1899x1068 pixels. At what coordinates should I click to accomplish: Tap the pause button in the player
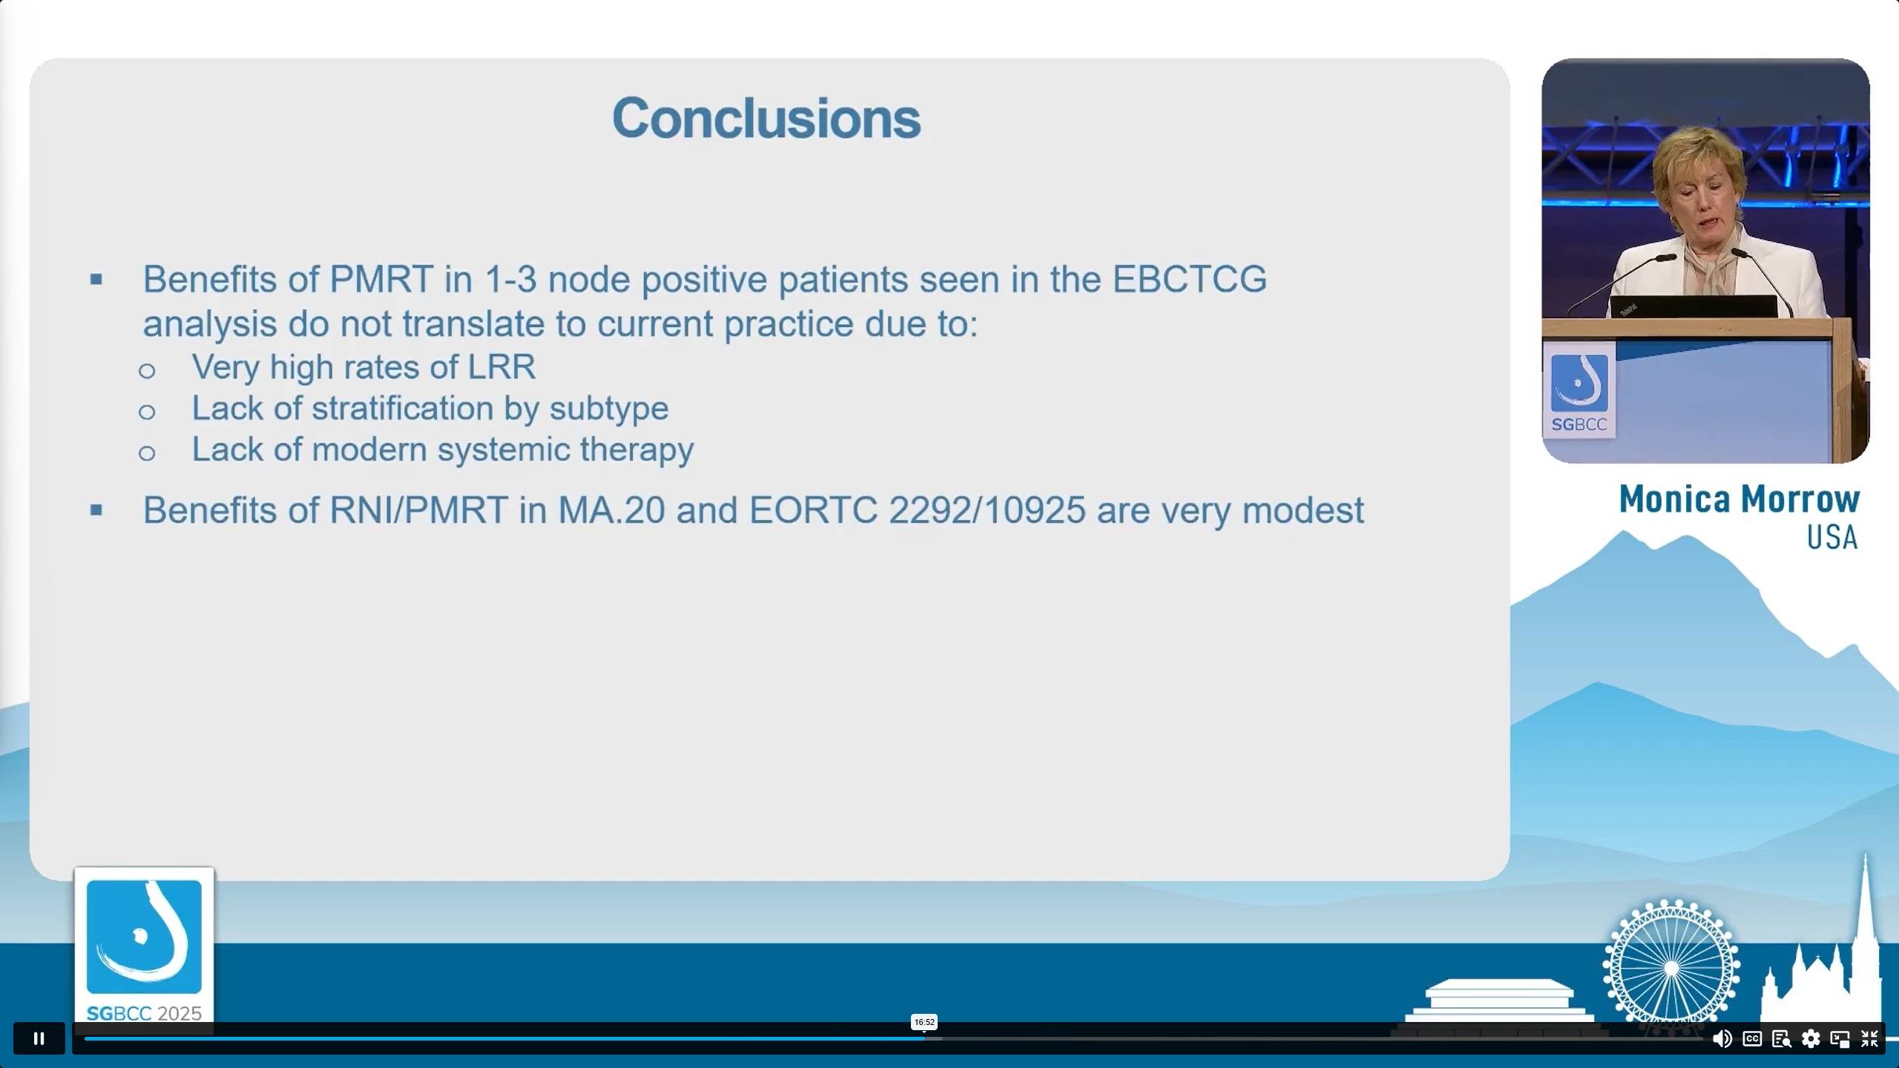(39, 1038)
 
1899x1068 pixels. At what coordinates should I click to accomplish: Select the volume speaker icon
(1722, 1039)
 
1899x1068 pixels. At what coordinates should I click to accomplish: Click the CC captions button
(1752, 1039)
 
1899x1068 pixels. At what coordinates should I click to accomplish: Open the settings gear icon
(1811, 1039)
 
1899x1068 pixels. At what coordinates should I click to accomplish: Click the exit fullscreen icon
(1869, 1039)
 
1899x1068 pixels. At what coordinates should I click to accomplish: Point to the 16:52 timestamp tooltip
(924, 1022)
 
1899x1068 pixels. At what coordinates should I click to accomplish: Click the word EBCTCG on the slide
(1190, 280)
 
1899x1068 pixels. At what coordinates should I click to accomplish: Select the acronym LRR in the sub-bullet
(501, 367)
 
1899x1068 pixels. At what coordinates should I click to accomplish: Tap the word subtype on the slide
(609, 409)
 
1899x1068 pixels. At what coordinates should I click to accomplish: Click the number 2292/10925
(987, 510)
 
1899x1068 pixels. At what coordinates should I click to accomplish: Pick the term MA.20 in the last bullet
(611, 510)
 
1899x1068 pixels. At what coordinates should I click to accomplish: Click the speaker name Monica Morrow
(1740, 499)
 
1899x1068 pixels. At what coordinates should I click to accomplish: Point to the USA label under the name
(1832, 538)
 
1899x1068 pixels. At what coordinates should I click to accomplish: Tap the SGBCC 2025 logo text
(145, 1014)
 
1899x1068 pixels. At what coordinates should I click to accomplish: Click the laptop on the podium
(1694, 306)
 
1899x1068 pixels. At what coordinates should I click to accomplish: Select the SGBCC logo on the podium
(1579, 392)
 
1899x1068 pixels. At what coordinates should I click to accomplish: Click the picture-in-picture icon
(1840, 1039)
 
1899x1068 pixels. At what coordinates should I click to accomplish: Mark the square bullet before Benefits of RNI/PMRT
(96, 510)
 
